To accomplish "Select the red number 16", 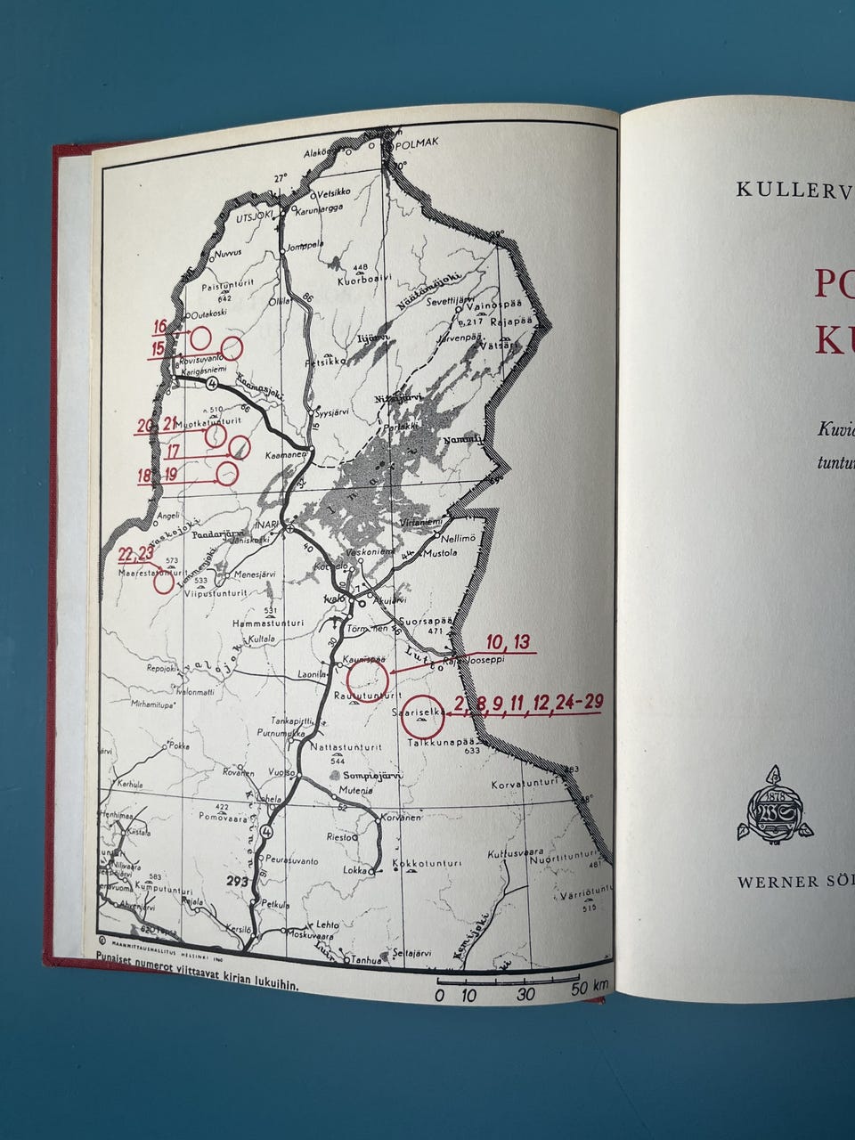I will click(x=160, y=326).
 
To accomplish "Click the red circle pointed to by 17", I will click(x=239, y=447).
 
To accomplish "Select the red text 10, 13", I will click(x=509, y=642).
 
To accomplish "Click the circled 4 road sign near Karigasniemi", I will click(x=211, y=384).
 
